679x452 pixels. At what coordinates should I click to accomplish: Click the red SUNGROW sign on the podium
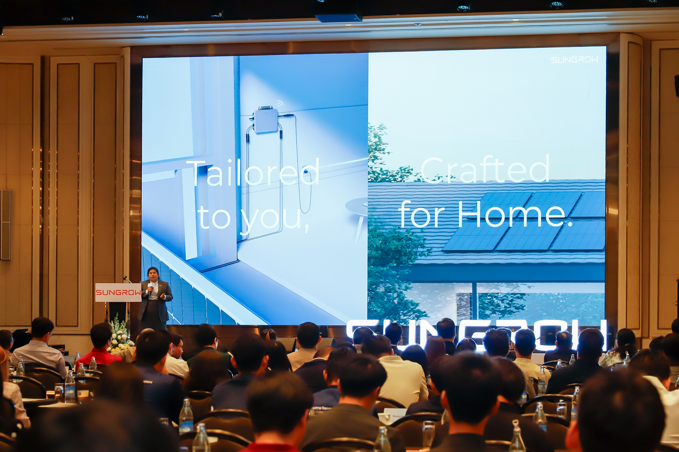[x=118, y=292]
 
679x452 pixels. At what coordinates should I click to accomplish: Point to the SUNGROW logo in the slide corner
[x=574, y=60]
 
